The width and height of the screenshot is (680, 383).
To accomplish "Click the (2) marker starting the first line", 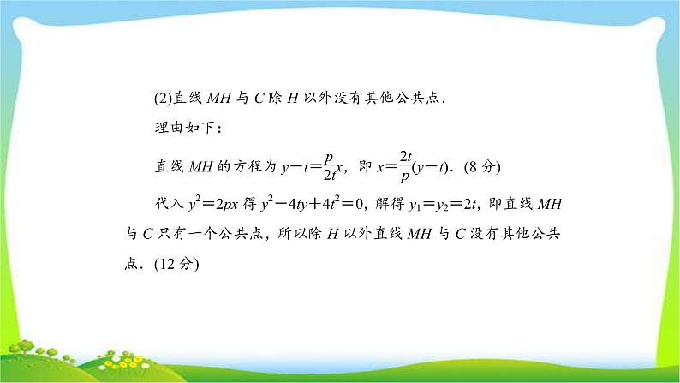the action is click(164, 99).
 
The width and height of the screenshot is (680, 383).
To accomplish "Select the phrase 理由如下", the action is click(185, 128).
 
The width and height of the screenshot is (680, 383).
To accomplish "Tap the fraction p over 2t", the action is click(330, 166).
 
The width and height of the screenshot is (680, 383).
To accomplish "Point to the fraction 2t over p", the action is click(405, 166).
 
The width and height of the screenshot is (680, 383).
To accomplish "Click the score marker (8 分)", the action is click(482, 167).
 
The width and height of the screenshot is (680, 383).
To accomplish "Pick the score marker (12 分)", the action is click(176, 264).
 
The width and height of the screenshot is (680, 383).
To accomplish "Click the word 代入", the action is click(170, 204).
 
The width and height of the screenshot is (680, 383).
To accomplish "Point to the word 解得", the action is click(390, 204).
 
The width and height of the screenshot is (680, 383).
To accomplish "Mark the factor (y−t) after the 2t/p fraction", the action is click(431, 167).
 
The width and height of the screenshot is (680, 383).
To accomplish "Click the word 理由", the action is click(170, 128).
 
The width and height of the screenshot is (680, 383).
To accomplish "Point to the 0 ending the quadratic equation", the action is click(359, 204).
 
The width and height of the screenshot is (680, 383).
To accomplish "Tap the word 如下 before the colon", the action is click(200, 128).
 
